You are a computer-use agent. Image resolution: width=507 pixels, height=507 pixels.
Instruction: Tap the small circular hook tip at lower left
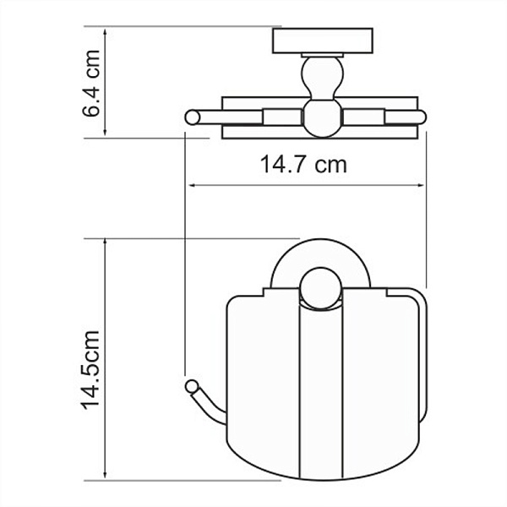pyautogui.click(x=188, y=387)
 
